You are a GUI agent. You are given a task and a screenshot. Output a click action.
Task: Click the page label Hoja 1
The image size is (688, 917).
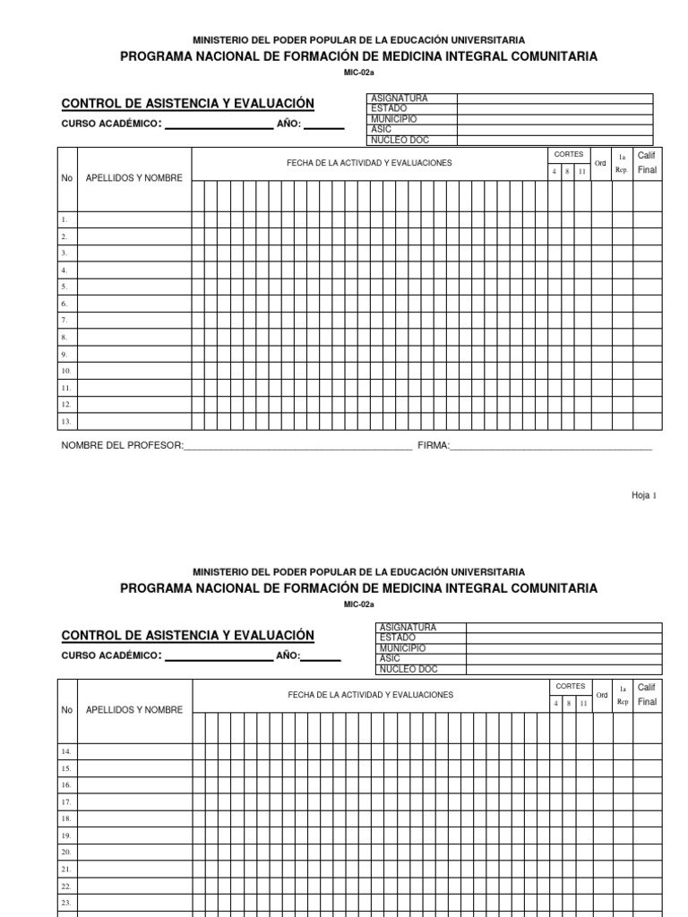pos(644,495)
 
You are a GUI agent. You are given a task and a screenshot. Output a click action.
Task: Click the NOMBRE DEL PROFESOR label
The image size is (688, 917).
pos(122,445)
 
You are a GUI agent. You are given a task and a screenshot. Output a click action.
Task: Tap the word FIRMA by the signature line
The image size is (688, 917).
pos(433,445)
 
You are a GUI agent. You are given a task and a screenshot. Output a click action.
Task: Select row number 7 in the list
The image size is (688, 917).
pos(64,320)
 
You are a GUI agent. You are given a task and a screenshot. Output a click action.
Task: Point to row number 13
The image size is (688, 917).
pos(65,421)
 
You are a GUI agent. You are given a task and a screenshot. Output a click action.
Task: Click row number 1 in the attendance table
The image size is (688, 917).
pos(64,219)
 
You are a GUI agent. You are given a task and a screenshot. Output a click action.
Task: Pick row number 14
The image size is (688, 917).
pos(65,751)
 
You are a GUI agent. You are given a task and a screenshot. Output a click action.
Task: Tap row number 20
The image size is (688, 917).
pos(65,852)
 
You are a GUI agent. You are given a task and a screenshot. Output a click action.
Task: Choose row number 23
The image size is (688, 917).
pos(65,902)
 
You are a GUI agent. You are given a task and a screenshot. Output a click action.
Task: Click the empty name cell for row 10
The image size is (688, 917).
pos(134,370)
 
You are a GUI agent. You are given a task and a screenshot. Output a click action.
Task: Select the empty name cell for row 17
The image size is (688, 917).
pos(134,801)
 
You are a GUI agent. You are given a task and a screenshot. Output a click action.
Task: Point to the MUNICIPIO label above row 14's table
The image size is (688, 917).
pos(402,648)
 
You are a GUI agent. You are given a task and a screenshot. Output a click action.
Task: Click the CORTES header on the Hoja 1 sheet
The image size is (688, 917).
pos(569,155)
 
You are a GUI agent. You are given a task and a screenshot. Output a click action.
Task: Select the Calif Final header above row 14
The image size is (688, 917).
pos(647,694)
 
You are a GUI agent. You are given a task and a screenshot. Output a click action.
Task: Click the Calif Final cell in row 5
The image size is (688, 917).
pos(647,287)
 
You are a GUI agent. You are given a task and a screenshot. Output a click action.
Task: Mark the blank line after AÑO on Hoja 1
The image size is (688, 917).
pos(324,127)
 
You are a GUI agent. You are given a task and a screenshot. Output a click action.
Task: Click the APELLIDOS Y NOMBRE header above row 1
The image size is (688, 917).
pos(134,177)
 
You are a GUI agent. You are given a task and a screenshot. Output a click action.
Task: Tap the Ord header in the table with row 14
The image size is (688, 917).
pos(602,695)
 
